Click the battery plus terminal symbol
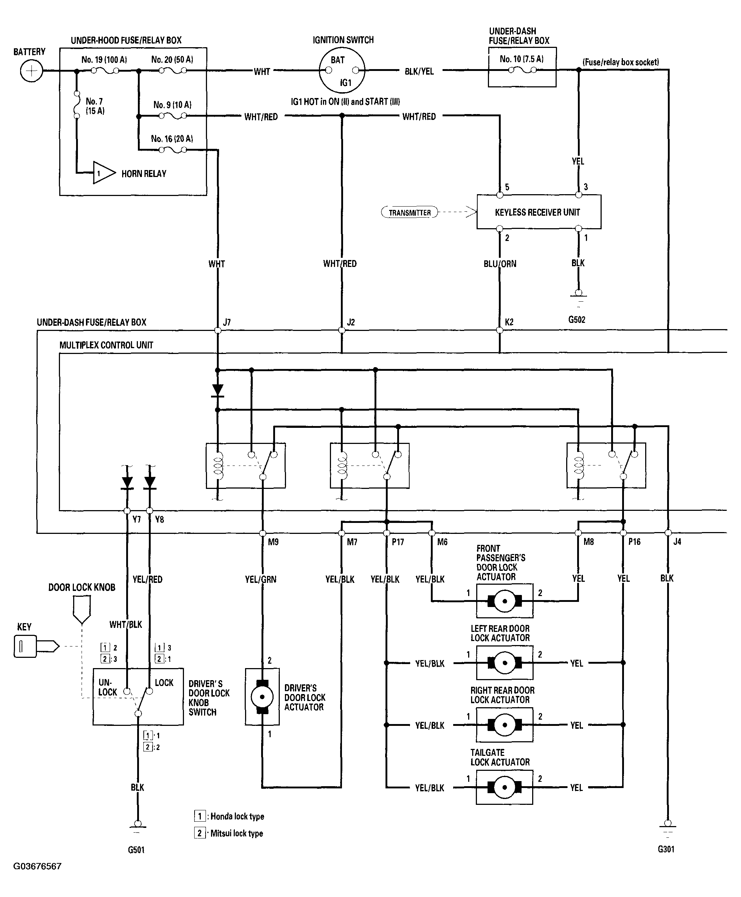coord(31,71)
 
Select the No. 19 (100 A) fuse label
coord(104,60)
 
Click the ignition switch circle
coord(342,71)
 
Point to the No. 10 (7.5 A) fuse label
coord(522,59)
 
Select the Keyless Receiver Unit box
coord(538,212)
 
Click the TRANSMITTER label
coord(409,212)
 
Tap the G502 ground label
coord(577,320)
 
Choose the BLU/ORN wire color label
coord(500,264)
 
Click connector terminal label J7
coord(227,322)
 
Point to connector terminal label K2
coord(509,322)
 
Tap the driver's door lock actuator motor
coord(262,697)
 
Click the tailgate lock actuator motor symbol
coord(504,788)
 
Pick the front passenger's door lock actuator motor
coord(504,601)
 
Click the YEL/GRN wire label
coord(260,580)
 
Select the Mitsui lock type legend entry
coord(230,833)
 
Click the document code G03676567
coord(38,866)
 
